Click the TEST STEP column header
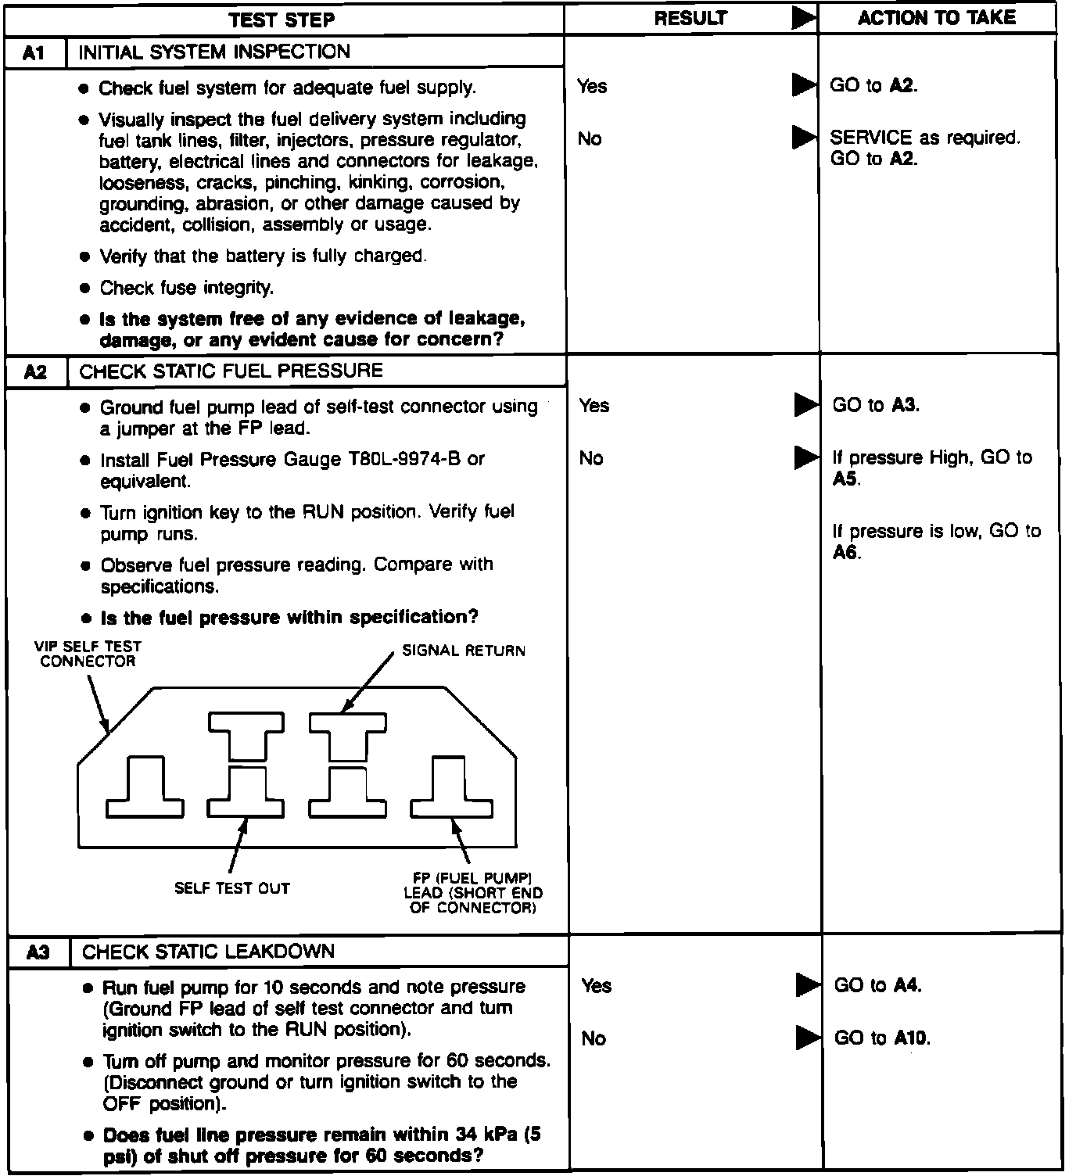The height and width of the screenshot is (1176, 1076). tap(282, 20)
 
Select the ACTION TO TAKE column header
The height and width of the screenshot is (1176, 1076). tap(936, 18)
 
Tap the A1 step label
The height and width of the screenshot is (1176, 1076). tap(34, 52)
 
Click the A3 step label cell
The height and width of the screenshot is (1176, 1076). tap(38, 952)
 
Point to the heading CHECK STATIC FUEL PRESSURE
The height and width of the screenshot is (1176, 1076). tap(231, 371)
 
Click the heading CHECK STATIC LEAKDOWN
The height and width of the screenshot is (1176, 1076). tap(208, 952)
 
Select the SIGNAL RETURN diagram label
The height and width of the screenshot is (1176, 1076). tap(464, 651)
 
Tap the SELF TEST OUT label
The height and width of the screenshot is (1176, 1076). tap(232, 888)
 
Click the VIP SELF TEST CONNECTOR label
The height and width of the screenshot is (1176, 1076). tap(88, 654)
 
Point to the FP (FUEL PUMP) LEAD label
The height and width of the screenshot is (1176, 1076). tap(472, 893)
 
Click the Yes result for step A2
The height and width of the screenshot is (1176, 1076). tap(594, 405)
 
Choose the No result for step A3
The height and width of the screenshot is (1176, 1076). tap(594, 1038)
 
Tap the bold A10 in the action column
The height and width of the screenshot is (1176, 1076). tap(910, 1038)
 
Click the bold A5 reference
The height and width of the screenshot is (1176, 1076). tap(845, 479)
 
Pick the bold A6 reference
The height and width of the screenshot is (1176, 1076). tap(845, 552)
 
